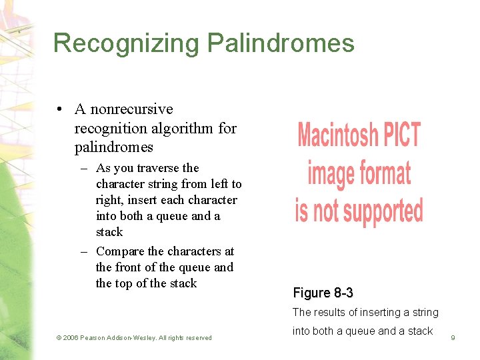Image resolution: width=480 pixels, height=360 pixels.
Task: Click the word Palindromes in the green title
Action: click(x=281, y=43)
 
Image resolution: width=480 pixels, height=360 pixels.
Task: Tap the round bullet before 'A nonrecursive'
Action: click(x=60, y=109)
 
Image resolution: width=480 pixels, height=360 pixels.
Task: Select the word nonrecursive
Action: click(x=131, y=109)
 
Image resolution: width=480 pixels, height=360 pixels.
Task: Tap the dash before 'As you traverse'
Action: click(x=85, y=168)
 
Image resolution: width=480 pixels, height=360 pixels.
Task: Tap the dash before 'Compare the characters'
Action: click(x=85, y=251)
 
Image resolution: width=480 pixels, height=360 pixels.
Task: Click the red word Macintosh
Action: click(x=337, y=135)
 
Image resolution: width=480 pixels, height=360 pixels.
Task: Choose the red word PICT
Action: click(x=401, y=135)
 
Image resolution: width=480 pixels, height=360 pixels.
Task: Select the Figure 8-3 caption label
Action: click(x=323, y=293)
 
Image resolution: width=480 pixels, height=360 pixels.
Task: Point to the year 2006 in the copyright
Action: click(x=72, y=338)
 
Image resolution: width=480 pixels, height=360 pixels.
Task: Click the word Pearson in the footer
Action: click(x=97, y=338)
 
